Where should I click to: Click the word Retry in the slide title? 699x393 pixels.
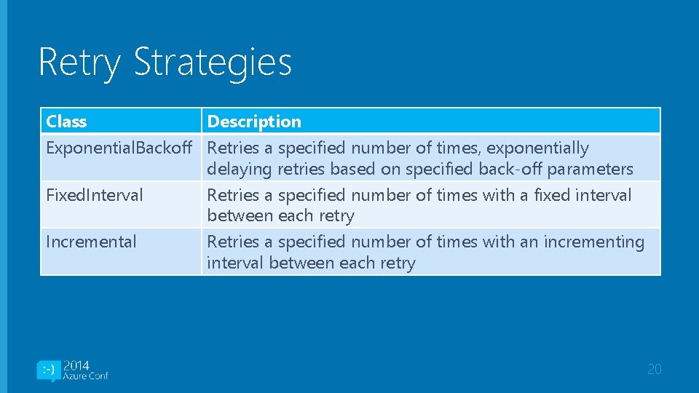point(79,63)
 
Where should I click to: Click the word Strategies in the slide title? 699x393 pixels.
point(213,63)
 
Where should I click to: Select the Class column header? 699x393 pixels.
point(66,122)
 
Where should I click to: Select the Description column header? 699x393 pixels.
point(254,122)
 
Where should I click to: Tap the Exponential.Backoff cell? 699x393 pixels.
point(120,148)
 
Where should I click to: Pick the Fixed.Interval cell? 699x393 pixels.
point(95,195)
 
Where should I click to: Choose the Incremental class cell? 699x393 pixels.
point(91,242)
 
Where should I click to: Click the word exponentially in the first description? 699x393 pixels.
point(537,148)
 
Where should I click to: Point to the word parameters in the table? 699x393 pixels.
point(591,169)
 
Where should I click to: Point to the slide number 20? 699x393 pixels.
point(655,370)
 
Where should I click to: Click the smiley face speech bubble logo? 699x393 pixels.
point(47,370)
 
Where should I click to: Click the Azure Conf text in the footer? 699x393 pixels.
point(85,376)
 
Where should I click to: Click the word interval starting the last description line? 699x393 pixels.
point(235,263)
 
